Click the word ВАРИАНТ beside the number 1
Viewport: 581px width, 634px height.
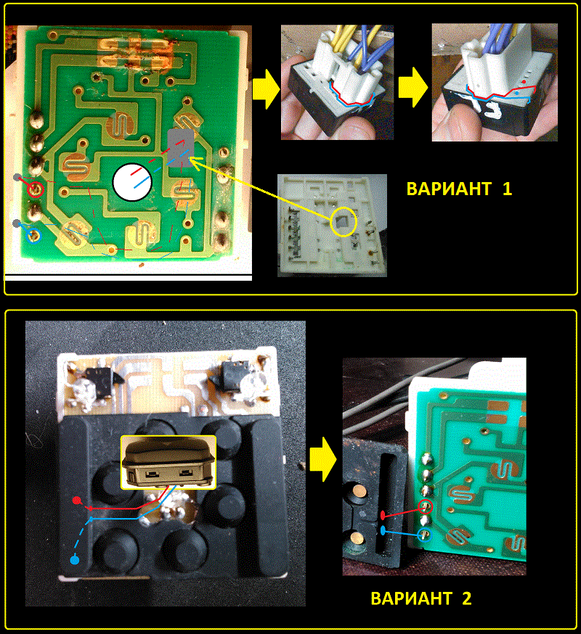pyautogui.click(x=449, y=189)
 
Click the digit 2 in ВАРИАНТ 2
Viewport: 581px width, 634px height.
pyautogui.click(x=467, y=598)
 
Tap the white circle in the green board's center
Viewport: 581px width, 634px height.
pyautogui.click(x=132, y=182)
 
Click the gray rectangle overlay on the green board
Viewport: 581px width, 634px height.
pyautogui.click(x=181, y=149)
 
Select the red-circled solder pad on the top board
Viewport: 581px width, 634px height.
pyautogui.click(x=36, y=189)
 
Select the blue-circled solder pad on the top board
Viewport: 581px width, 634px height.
pyautogui.click(x=33, y=235)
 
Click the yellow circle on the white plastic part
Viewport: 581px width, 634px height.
pyautogui.click(x=344, y=221)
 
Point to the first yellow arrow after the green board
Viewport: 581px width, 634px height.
pyautogui.click(x=266, y=89)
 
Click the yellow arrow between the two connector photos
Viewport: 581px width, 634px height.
pyautogui.click(x=413, y=87)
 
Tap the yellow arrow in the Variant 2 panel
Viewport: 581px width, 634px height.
pyautogui.click(x=323, y=459)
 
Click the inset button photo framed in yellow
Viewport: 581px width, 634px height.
pyautogui.click(x=168, y=462)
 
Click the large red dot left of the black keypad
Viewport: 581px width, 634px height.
pyautogui.click(x=76, y=501)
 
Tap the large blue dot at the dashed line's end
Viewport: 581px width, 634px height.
pyautogui.click(x=75, y=560)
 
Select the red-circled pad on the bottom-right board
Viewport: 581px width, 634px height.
pyautogui.click(x=425, y=506)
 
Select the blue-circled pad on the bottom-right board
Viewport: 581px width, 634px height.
pyautogui.click(x=425, y=535)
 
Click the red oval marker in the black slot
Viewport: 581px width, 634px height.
pyautogui.click(x=383, y=516)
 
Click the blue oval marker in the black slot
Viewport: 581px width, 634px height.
pyautogui.click(x=383, y=530)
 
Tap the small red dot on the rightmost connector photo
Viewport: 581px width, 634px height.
pyautogui.click(x=524, y=82)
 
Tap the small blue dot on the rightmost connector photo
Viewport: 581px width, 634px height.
pyautogui.click(x=517, y=93)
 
